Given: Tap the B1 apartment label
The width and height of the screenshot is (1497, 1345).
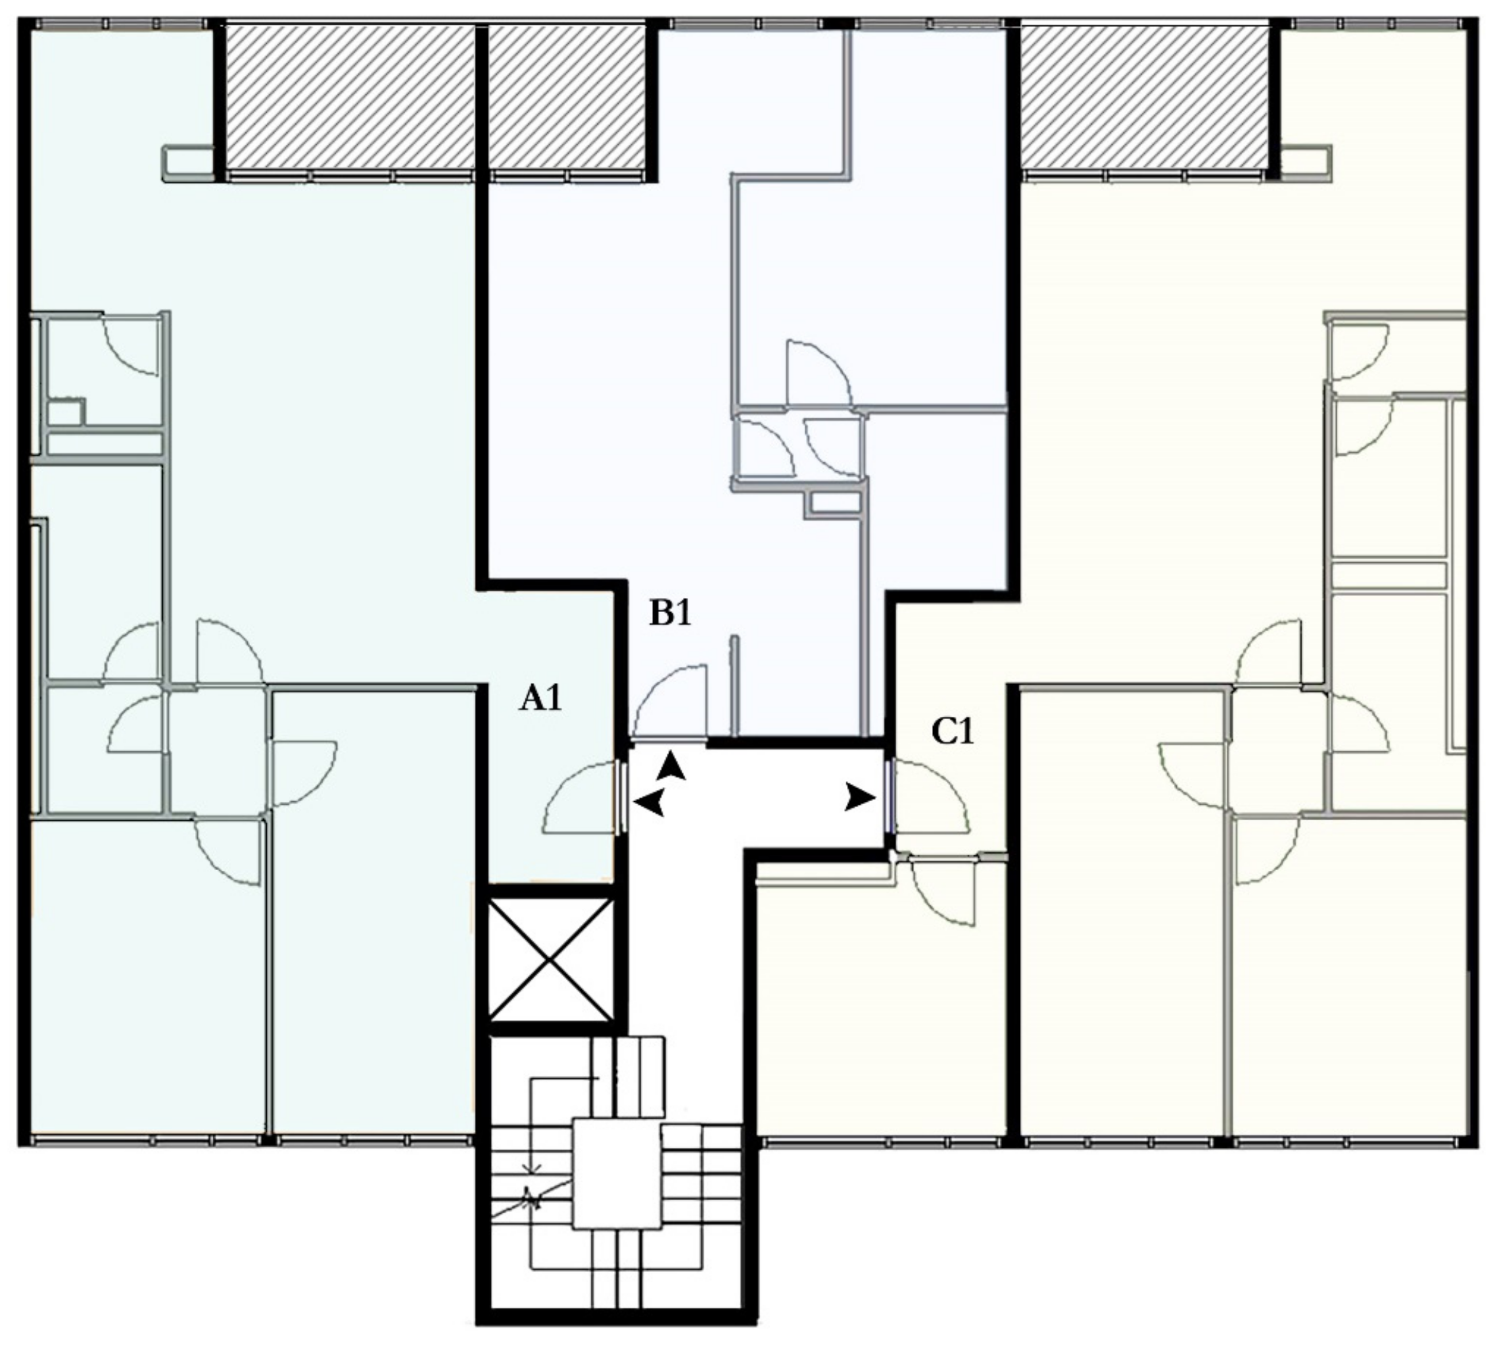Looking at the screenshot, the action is (670, 613).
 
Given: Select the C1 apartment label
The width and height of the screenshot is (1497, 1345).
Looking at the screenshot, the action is (952, 732).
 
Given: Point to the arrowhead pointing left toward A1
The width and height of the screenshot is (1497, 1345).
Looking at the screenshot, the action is (649, 802).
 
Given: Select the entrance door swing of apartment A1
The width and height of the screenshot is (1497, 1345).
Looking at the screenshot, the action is (579, 797).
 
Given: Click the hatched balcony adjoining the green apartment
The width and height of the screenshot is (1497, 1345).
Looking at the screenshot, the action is (349, 98).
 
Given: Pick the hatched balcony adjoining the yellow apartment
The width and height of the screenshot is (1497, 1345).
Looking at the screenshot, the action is (1145, 98).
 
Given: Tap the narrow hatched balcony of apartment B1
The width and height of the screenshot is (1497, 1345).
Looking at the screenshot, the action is (566, 98).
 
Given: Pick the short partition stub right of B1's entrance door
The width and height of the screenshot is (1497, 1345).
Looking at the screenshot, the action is (734, 686).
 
